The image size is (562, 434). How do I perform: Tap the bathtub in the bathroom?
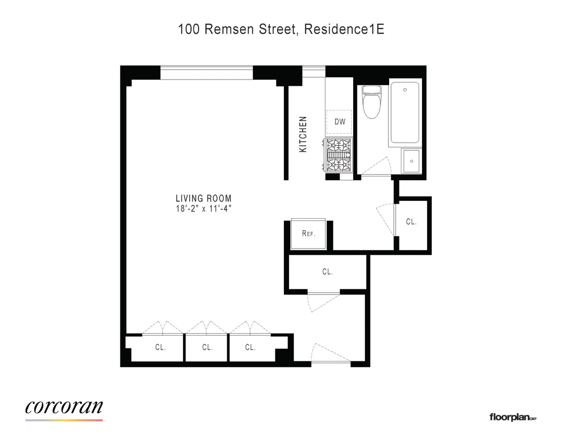point(406,113)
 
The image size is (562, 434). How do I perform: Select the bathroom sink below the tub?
point(412,161)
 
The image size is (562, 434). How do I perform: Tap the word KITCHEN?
point(303,134)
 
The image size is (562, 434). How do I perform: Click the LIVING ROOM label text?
point(203,199)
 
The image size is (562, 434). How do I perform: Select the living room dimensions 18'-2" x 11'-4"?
point(203,208)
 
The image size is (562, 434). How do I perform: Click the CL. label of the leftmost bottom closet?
point(161,347)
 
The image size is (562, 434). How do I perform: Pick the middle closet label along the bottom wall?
point(207,347)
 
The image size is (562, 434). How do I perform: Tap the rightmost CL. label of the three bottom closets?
point(250,347)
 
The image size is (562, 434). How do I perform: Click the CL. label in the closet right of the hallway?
point(411,222)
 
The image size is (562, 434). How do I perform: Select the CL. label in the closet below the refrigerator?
point(327,272)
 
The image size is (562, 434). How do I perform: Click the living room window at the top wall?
point(207,73)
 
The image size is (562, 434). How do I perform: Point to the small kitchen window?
point(314,70)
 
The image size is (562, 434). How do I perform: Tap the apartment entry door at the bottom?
point(330,355)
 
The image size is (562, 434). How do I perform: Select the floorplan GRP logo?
point(512,417)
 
